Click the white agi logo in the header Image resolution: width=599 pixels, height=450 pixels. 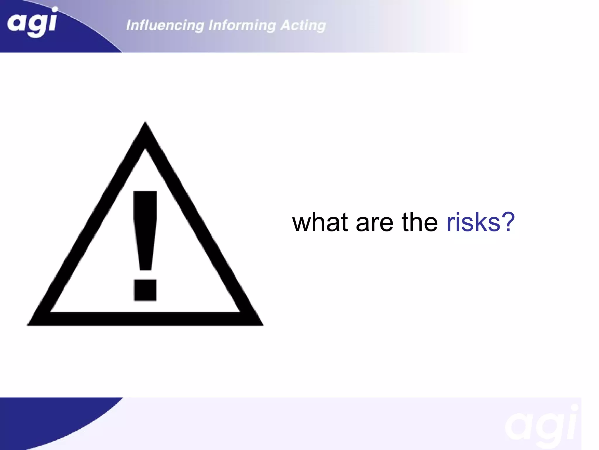[x=32, y=23]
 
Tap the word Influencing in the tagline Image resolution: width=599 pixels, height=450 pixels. [x=165, y=25]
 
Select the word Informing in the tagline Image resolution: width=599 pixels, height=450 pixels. [x=242, y=25]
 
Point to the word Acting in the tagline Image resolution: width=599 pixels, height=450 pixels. [x=303, y=25]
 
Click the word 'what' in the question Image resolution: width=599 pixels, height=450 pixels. [x=320, y=222]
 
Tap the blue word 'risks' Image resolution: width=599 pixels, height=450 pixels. [x=473, y=222]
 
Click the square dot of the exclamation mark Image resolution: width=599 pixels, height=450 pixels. [x=145, y=290]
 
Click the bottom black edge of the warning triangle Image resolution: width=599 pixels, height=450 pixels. [x=145, y=319]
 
